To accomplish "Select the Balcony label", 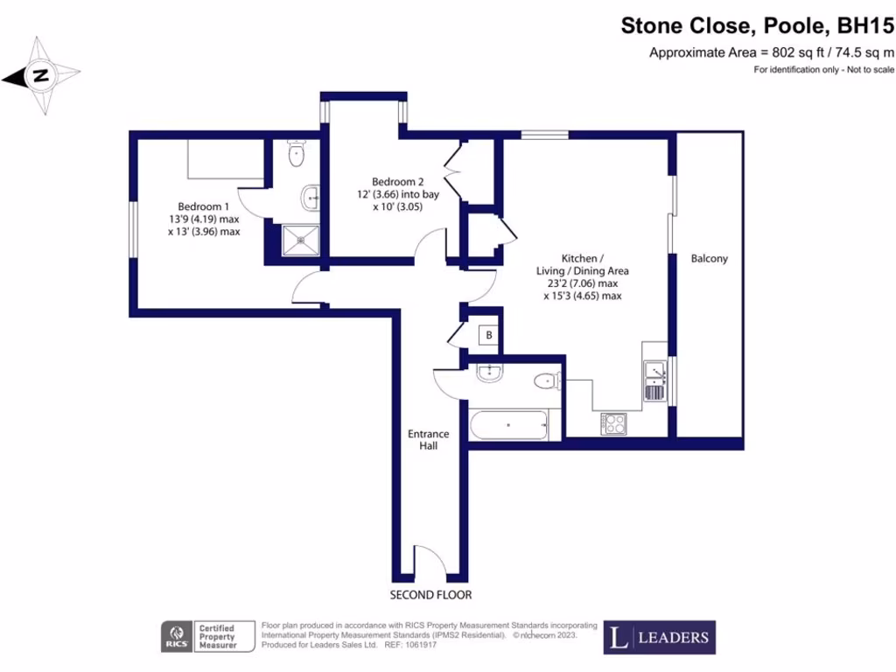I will [x=709, y=259].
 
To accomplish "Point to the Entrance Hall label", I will [x=428, y=439].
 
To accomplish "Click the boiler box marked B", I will [x=488, y=335].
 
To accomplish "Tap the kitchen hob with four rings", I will [x=614, y=423].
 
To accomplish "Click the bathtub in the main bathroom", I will [x=510, y=427].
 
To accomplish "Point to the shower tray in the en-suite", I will [x=295, y=241].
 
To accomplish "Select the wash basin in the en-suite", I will [x=311, y=198].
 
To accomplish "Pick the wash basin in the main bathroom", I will [x=488, y=374].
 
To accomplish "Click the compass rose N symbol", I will [x=39, y=76].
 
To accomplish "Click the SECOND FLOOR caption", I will [x=430, y=595].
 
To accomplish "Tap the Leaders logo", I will [x=659, y=637].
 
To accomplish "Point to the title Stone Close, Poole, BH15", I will [x=758, y=26].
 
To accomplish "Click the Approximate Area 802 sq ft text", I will [x=771, y=52].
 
